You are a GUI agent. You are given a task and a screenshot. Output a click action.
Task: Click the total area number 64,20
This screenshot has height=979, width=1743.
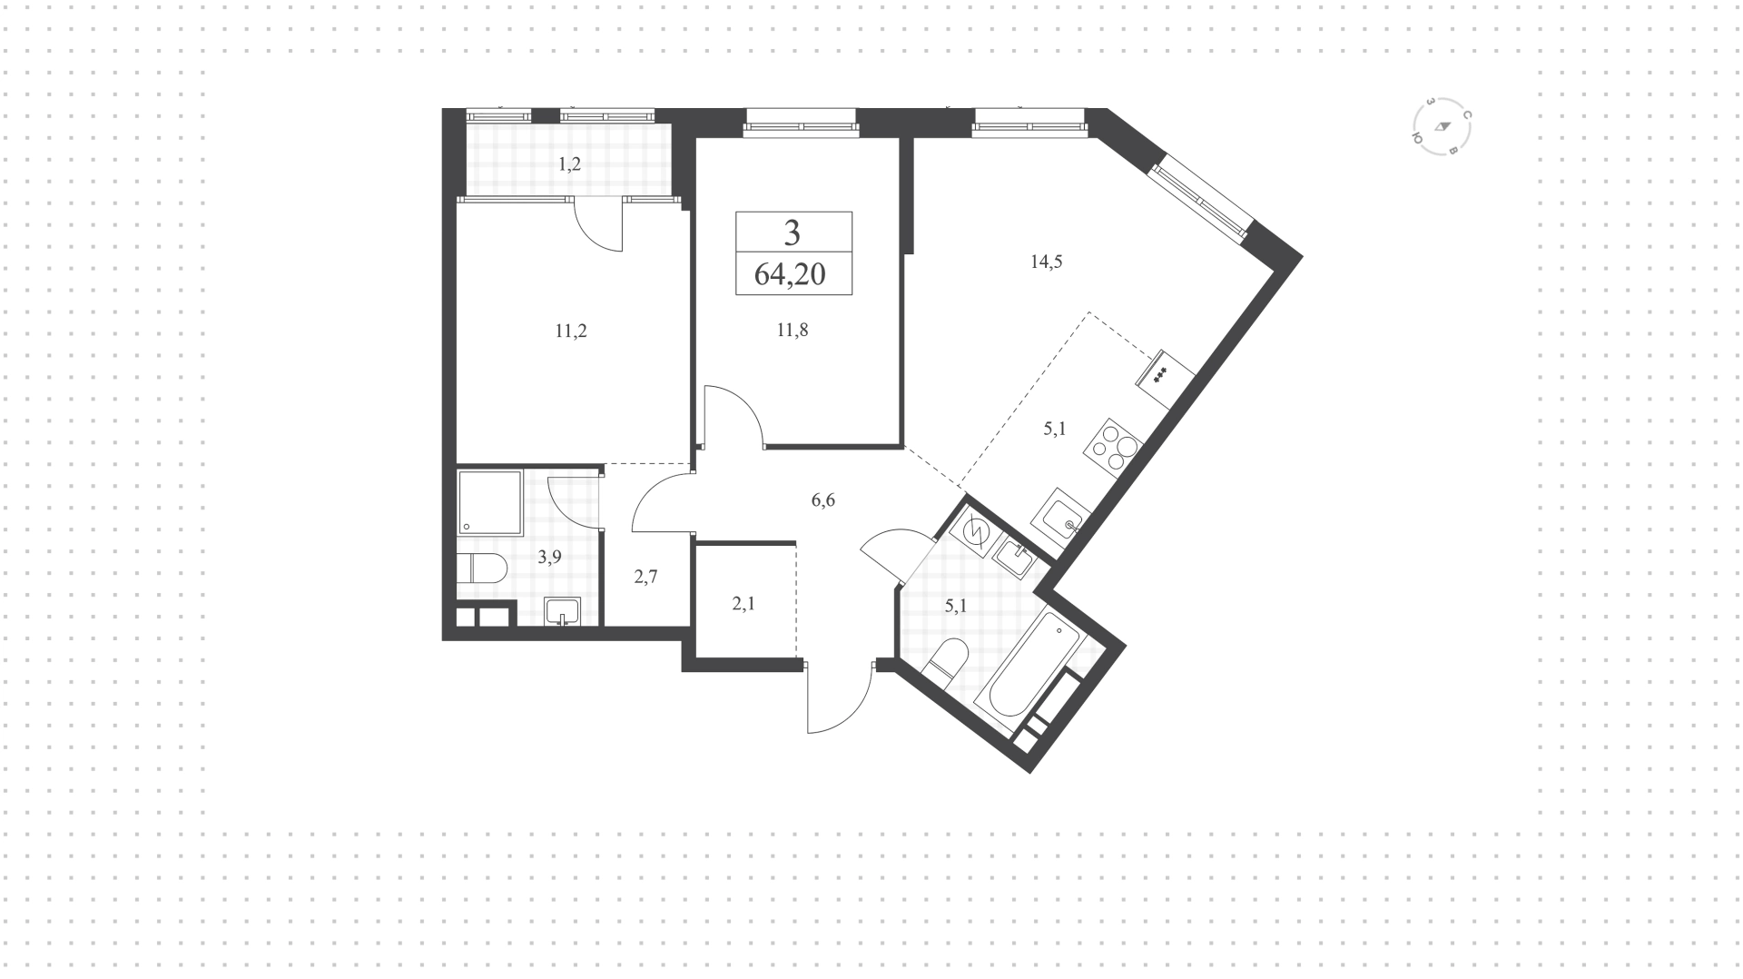coord(790,273)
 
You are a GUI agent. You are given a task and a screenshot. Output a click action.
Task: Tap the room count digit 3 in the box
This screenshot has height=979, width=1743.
coord(793,233)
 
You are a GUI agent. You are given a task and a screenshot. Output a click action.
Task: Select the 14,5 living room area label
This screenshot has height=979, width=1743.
coord(1046,262)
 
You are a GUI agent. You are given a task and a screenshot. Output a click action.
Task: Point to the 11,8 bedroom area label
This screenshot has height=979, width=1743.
coord(792,331)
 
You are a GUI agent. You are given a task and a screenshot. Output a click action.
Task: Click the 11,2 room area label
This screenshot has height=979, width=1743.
coord(571,331)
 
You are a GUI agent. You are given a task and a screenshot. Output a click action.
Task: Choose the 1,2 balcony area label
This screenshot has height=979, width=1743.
coord(569,164)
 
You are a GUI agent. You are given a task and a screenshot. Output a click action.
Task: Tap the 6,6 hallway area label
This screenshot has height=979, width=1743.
coord(822,500)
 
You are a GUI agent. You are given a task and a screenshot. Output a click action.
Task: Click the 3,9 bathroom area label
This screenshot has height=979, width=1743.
coord(549,558)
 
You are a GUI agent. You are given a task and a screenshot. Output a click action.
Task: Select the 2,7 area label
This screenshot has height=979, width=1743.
coord(645,576)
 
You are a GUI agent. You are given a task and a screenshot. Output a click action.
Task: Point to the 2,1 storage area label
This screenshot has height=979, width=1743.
coord(743,602)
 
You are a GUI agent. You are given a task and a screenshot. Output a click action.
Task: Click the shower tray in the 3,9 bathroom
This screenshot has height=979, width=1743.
coord(490,502)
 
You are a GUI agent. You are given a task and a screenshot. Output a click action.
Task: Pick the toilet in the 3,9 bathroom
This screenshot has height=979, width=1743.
coord(481,569)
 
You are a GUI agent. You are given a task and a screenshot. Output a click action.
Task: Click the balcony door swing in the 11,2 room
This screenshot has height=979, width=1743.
coord(599,224)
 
